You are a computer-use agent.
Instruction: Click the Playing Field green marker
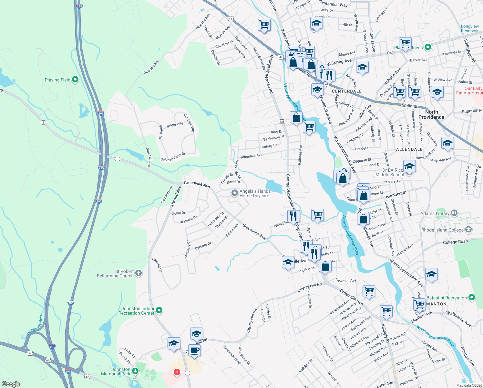point(75,80)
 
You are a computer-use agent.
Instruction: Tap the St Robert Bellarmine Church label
point(115,274)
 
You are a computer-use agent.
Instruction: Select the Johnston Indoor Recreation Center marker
point(159,311)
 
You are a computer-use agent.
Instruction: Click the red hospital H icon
point(177,372)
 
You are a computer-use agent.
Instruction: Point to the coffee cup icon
point(194,350)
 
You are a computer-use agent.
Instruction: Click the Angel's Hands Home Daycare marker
point(235,193)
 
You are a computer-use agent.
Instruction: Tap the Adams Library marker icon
point(454,213)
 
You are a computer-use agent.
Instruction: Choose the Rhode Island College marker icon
point(468,230)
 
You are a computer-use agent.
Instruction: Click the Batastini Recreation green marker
point(472,297)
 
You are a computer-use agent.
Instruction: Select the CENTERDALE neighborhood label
point(347,91)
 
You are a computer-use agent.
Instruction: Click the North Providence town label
point(431,114)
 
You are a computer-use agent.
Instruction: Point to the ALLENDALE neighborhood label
point(409,149)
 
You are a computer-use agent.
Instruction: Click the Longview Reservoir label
point(470,28)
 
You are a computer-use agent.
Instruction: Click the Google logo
point(11,384)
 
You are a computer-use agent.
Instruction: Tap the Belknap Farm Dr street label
point(173,157)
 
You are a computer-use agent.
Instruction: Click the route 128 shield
point(282,122)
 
